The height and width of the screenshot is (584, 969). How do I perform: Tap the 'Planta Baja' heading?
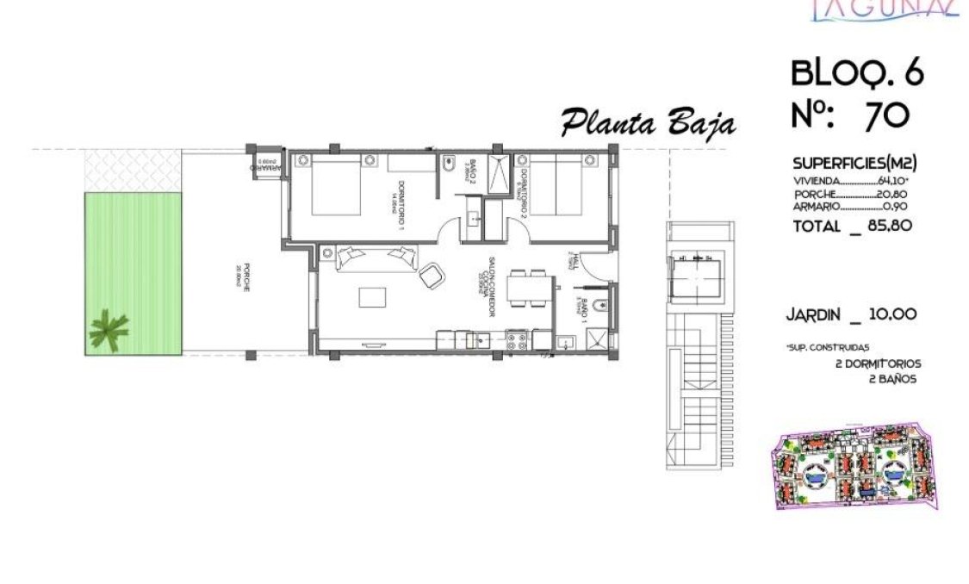pyautogui.click(x=648, y=124)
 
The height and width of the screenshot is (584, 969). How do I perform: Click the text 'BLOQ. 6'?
pyautogui.click(x=856, y=74)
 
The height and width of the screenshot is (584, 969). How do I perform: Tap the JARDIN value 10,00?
pyautogui.click(x=892, y=314)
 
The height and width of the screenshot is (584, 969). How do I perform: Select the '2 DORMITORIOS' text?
pyautogui.click(x=878, y=364)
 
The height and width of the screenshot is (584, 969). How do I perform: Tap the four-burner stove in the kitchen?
pyautogui.click(x=518, y=342)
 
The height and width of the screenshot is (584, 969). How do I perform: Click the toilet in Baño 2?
pyautogui.click(x=448, y=164)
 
